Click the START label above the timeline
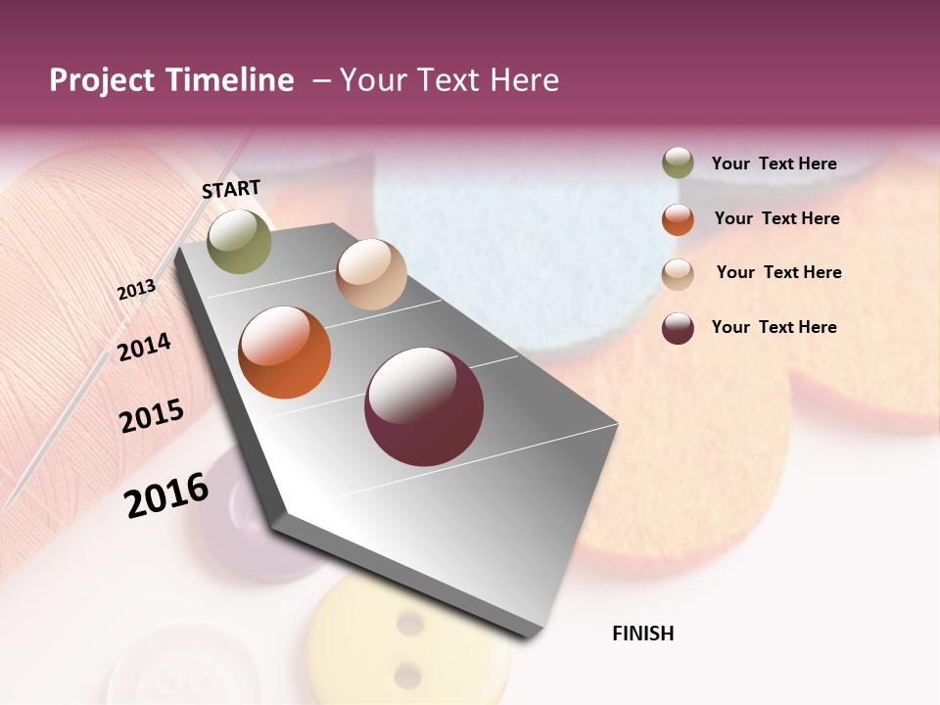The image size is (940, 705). (231, 189)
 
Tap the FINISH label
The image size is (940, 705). (642, 634)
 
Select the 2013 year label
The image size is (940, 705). (137, 289)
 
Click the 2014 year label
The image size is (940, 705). (144, 348)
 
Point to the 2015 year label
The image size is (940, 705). (152, 416)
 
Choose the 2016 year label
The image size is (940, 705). (166, 495)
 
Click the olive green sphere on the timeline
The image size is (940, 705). (240, 242)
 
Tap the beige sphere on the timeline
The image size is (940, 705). (371, 274)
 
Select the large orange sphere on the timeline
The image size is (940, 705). (285, 352)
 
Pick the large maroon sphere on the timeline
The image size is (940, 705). (424, 406)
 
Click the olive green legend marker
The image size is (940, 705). (678, 164)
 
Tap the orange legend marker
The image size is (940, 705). (678, 219)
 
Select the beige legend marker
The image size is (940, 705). (678, 273)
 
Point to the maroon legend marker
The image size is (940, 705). (678, 328)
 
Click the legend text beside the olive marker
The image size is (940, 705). (775, 164)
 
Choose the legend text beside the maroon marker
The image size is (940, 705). (775, 327)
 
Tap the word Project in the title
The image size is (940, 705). (102, 80)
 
